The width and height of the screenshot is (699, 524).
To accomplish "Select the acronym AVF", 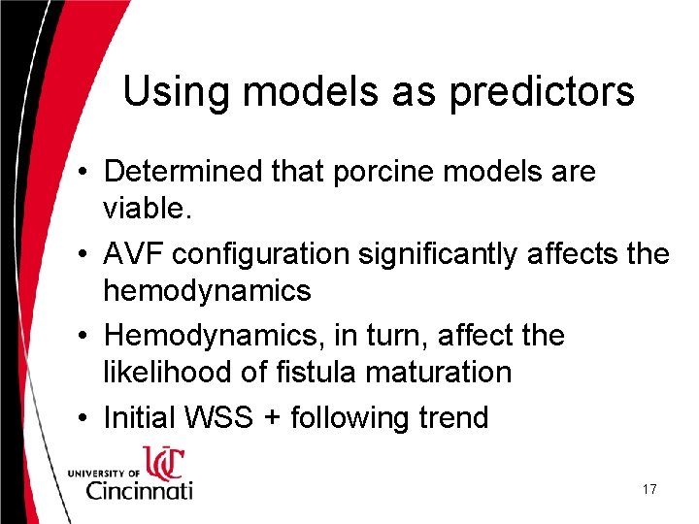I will coord(131,254).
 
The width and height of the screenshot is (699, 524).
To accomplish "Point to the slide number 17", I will coord(649,490).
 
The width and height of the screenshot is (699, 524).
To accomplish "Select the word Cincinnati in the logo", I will coord(139,489).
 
